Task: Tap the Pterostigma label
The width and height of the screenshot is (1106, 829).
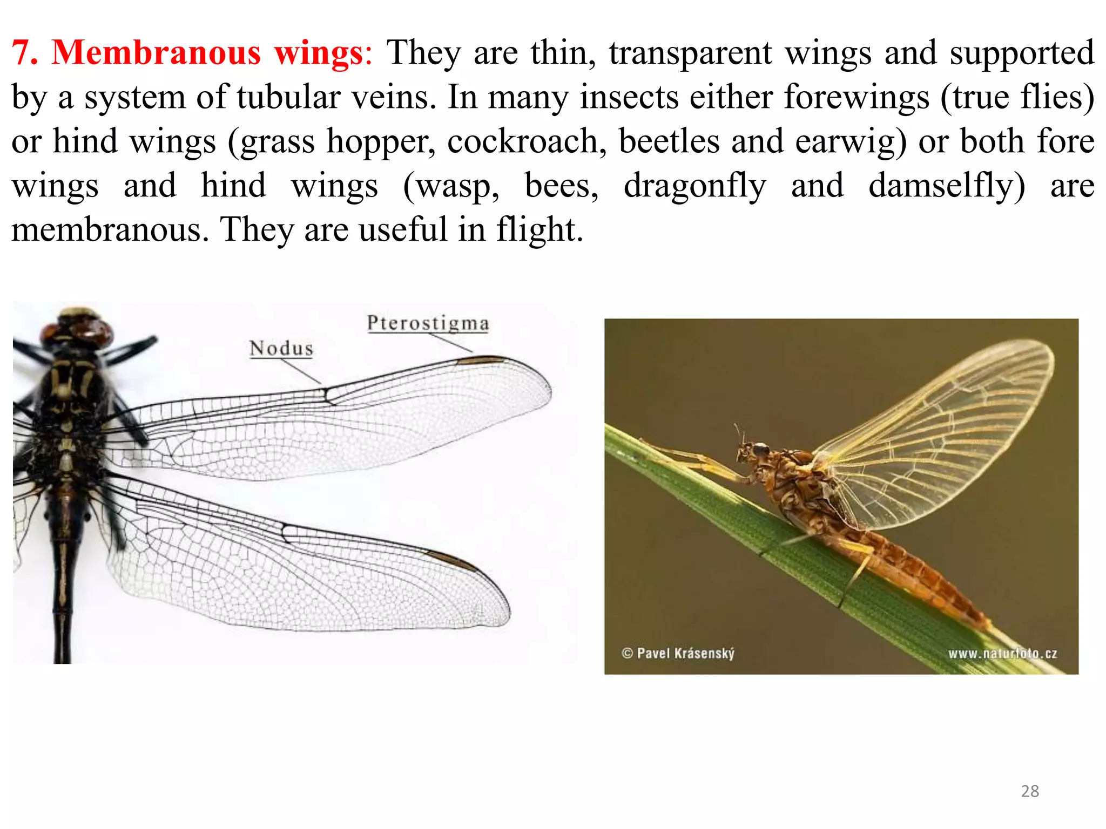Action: coord(428,323)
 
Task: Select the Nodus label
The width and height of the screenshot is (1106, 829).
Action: coord(281,349)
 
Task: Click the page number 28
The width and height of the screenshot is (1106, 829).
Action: coord(1030,791)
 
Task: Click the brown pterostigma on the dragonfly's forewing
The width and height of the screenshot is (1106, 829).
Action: coord(479,360)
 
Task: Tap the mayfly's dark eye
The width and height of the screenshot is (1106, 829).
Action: coord(761,449)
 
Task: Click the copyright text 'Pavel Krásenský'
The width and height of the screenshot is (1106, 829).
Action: coord(685,654)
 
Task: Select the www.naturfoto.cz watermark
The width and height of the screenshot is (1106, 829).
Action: coord(1002,654)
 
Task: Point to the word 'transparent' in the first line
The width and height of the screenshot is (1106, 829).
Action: coord(690,53)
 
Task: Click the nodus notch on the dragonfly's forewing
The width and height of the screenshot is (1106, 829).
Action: coord(326,395)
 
